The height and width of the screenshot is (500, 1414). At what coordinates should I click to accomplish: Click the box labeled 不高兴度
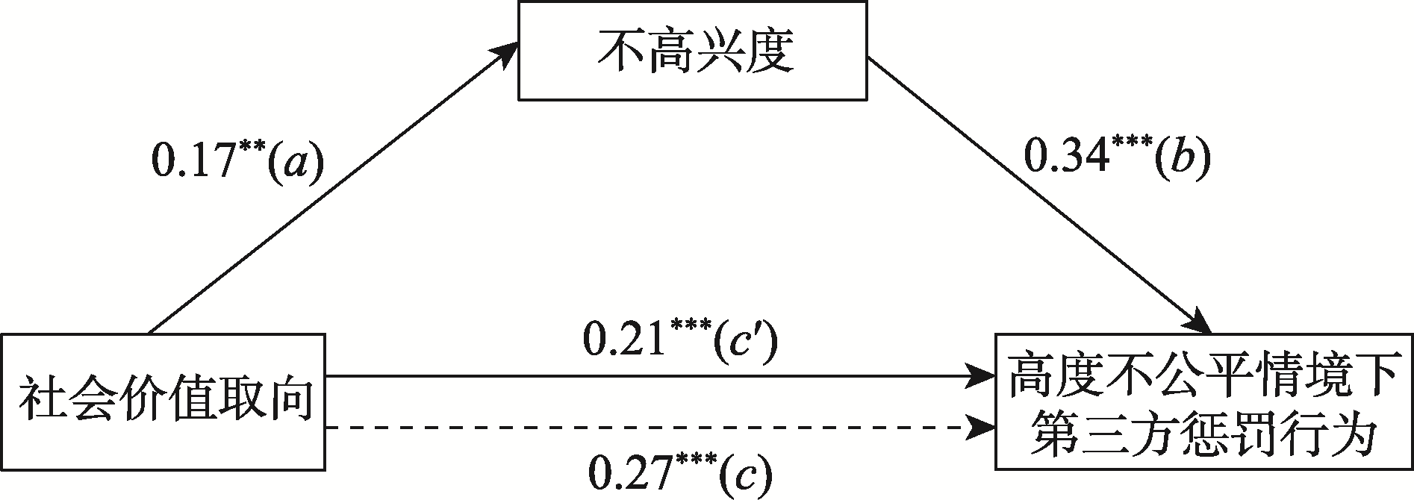693,51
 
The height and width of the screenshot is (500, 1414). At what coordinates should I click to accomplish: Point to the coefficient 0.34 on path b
1061,160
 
